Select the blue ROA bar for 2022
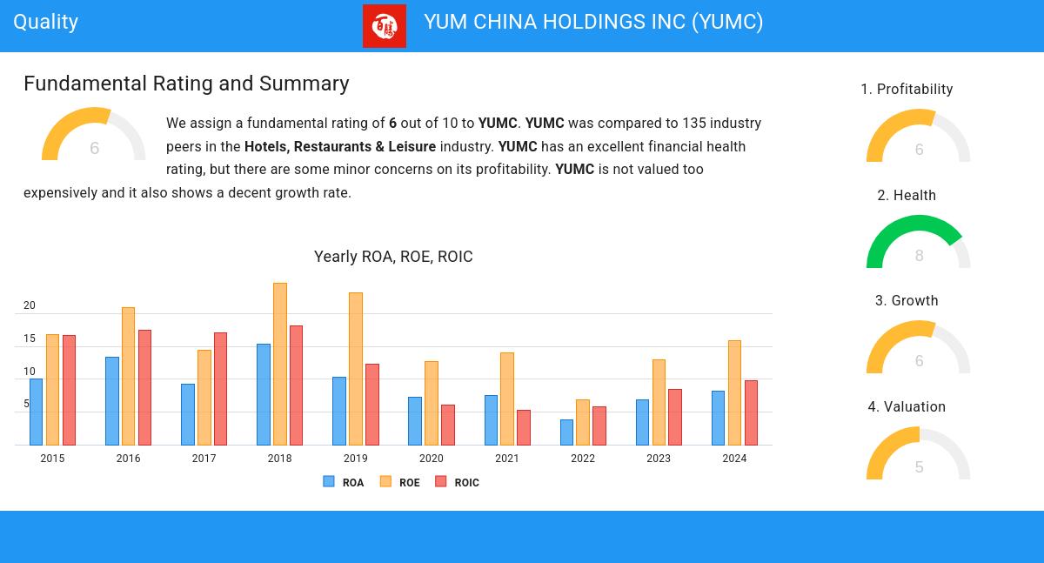566,432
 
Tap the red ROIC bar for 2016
144,387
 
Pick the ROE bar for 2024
734,392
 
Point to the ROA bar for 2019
338,411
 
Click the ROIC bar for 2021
523,427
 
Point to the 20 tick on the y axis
30,306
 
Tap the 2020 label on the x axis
431,459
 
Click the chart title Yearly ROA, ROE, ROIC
393,257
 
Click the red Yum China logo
384,26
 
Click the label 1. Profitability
907,90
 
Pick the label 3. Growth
907,301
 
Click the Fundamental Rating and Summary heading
186,84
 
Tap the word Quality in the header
45,23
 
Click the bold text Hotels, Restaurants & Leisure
339,146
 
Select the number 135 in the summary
693,124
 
